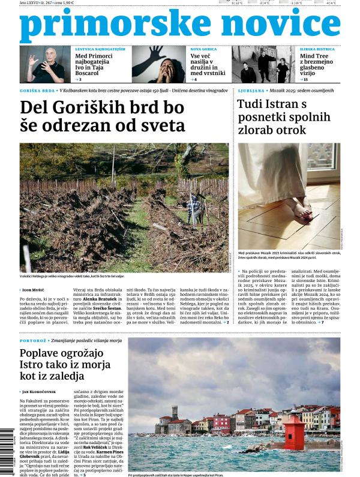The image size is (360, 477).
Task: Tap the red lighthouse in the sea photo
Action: (293, 431)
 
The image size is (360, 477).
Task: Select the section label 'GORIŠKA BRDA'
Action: (37, 91)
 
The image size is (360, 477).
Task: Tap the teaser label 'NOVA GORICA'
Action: (204, 49)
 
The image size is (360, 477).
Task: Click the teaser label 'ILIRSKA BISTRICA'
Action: (316, 49)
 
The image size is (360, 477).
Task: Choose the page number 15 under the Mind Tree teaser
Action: (306, 79)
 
